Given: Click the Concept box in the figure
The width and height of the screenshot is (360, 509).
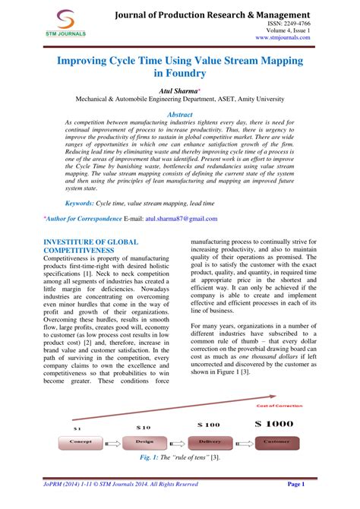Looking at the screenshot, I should click(81, 440).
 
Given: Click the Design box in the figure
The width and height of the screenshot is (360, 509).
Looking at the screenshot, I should click(144, 440).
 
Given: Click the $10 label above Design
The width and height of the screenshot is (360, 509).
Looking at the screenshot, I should click(143, 427).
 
